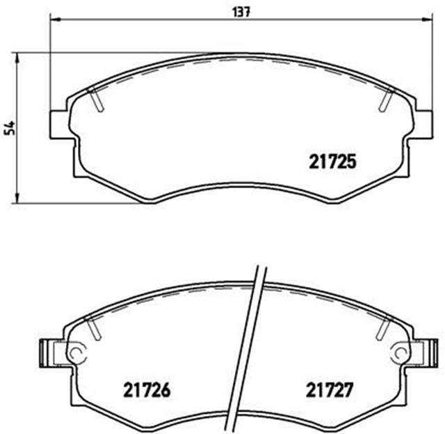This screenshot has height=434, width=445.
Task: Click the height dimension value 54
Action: coord(9,127)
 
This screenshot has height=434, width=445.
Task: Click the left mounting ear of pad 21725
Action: coord(59,125)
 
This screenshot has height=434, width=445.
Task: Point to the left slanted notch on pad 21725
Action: coord(97,101)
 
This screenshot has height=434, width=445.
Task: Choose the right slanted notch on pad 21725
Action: coord(384,101)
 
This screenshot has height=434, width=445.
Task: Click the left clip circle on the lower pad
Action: coord(75,353)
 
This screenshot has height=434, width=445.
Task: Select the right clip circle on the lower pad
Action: coord(399,353)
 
